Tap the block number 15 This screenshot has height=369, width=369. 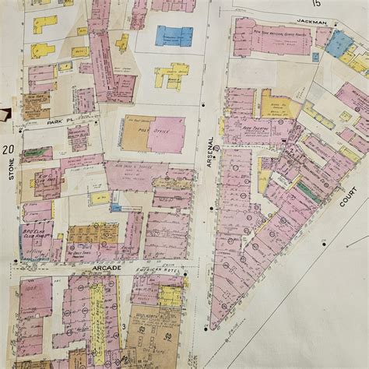coord(317,4)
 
